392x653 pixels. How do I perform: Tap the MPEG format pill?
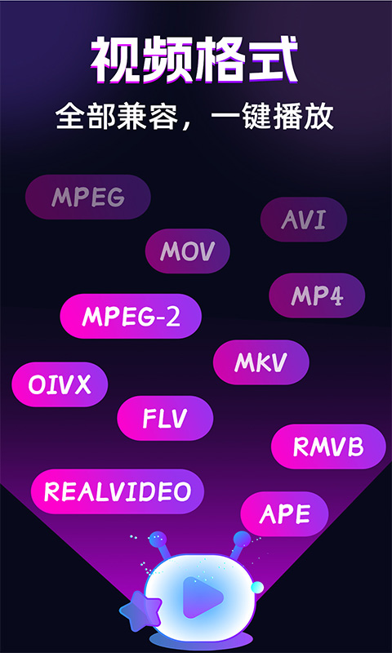coord(88,197)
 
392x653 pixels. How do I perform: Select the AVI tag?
coord(304,220)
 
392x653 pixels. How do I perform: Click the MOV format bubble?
coord(188,251)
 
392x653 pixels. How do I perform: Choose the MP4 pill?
coord(317,295)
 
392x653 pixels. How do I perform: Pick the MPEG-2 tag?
coord(131,316)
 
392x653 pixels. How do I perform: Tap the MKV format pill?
coord(261,362)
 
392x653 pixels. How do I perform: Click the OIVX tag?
coord(60,384)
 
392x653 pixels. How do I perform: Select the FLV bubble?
coord(165,418)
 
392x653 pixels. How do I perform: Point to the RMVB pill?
coord(328,446)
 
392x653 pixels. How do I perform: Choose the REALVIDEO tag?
coord(118,491)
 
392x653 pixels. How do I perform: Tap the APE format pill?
coord(284,514)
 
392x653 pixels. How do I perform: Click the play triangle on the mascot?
coord(202,597)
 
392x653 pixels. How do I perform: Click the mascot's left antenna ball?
coord(158,540)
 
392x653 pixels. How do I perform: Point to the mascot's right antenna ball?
coord(242,540)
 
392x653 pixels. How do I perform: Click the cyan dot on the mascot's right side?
coord(257,587)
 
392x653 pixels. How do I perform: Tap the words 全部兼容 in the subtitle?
coord(117,117)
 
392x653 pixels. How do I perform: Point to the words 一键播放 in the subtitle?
coord(273,117)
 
